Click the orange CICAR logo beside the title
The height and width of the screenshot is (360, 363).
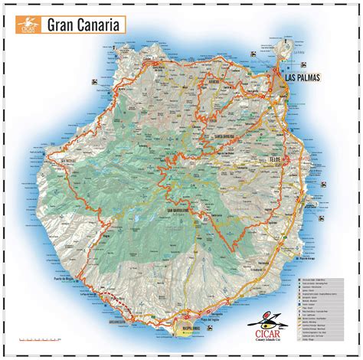click(x=29, y=25)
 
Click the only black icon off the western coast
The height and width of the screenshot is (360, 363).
click(x=21, y=152)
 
